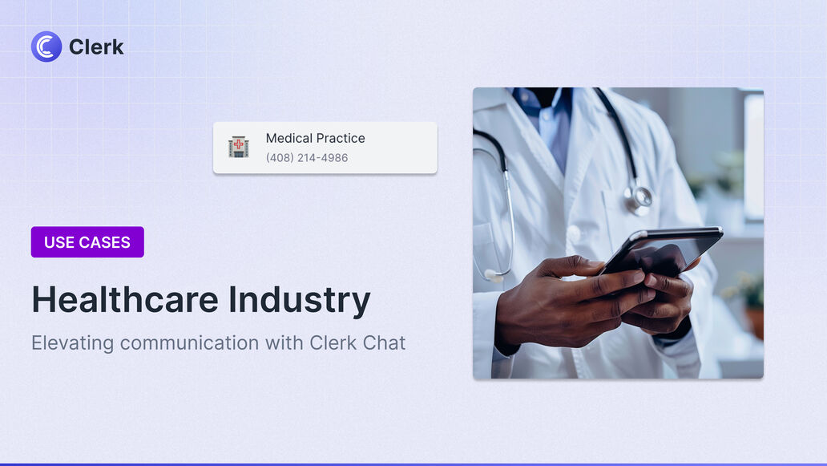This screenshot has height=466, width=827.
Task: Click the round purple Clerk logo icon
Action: click(46, 47)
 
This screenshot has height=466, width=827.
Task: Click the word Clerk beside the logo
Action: click(96, 47)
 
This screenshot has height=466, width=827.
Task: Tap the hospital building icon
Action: click(238, 147)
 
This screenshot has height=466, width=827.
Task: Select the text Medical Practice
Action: click(316, 138)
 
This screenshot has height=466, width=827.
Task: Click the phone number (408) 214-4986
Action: click(307, 158)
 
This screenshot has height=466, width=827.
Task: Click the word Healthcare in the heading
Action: click(125, 300)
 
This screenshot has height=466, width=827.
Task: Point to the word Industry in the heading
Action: click(300, 301)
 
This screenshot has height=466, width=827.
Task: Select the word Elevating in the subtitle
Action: click(72, 343)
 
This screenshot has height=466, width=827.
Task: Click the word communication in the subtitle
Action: click(189, 343)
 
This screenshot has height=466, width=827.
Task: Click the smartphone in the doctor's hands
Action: click(661, 251)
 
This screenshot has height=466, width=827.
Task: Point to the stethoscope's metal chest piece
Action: click(639, 199)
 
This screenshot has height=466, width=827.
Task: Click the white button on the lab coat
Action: click(574, 233)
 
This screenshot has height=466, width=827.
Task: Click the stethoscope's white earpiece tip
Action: click(493, 275)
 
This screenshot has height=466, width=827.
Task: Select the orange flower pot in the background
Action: click(755, 322)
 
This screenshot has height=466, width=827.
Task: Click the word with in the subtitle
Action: click(284, 343)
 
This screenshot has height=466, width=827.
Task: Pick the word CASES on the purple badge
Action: click(104, 242)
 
